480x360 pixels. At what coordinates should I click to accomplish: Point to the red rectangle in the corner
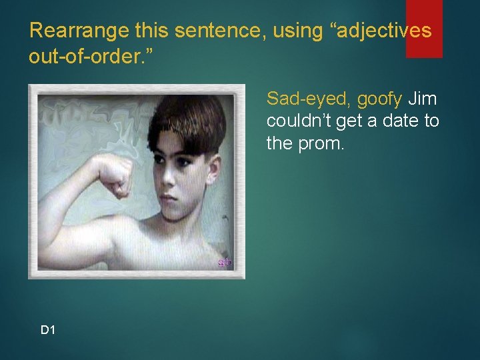(x=424, y=29)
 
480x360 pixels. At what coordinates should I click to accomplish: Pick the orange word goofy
(x=379, y=99)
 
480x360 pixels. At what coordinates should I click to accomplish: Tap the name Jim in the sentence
(x=422, y=99)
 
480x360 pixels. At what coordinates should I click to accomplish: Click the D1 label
(x=48, y=330)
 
